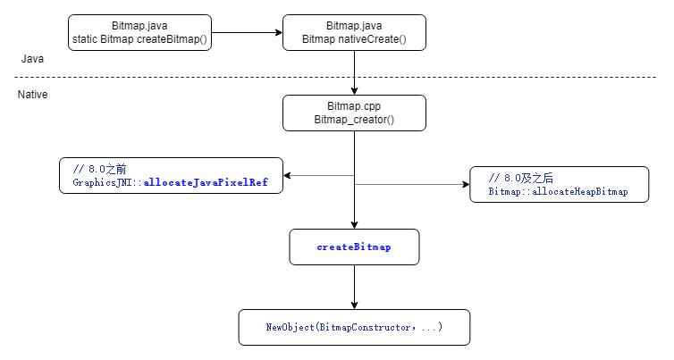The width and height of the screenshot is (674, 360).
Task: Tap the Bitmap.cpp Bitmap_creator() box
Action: coord(354,113)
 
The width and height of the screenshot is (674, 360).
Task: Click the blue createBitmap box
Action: coord(354,247)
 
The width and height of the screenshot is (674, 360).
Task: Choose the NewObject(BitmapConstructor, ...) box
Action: coord(354,328)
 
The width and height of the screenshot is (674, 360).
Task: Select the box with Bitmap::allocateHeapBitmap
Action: coord(559,184)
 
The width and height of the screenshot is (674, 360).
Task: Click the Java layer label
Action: coord(32,59)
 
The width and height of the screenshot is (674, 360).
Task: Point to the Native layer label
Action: coord(33,94)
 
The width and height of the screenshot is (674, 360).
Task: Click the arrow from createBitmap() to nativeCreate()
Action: coord(247,32)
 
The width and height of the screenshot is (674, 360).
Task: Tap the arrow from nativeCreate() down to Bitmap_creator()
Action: coord(355,72)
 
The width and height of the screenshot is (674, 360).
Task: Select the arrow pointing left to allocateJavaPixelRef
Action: coord(317,175)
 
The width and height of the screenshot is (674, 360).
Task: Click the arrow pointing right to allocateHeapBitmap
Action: coord(411,185)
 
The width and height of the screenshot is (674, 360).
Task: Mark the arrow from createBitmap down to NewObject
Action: coord(355,287)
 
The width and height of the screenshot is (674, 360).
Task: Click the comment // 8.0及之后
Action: coord(523,177)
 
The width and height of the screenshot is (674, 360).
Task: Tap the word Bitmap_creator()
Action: coord(354,121)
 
